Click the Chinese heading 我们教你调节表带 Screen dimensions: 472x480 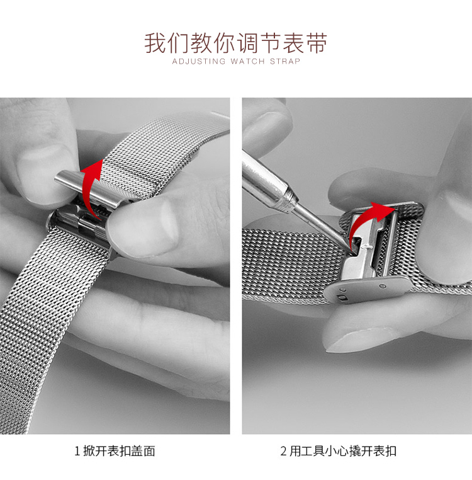click(236, 43)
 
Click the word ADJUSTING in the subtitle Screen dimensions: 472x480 click(199, 61)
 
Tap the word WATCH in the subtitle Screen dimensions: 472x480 click(248, 61)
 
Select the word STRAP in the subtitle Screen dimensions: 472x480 click(285, 61)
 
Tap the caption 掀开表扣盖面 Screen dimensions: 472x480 click(119, 451)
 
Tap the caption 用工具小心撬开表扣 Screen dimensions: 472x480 click(342, 451)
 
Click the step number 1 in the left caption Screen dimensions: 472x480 click(77, 451)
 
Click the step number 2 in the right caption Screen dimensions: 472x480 click(283, 451)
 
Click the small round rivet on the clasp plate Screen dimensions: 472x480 click(383, 287)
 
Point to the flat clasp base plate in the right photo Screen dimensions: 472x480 click(367, 290)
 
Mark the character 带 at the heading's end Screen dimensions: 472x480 click(317, 43)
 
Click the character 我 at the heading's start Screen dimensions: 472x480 click(155, 43)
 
